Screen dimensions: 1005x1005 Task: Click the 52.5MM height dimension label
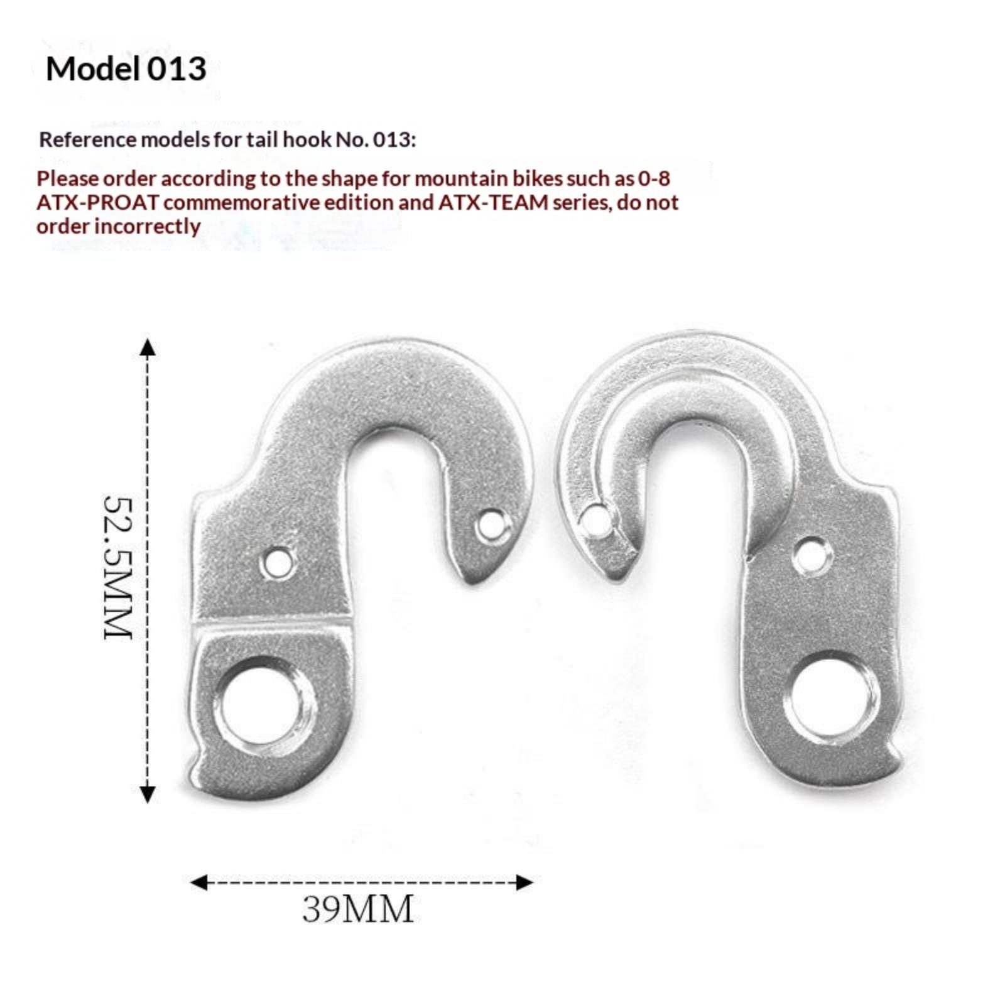click(118, 567)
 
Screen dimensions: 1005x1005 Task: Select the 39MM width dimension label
click(357, 908)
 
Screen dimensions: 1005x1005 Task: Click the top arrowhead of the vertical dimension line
click(147, 346)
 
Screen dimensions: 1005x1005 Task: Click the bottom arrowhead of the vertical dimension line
click(147, 795)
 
